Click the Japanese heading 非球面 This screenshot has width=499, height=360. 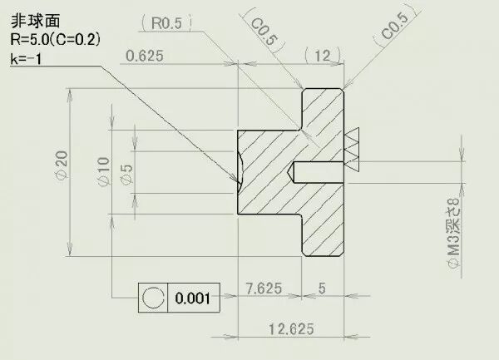(35, 22)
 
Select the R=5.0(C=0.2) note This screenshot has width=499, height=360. (56, 40)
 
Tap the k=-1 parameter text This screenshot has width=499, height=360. (26, 59)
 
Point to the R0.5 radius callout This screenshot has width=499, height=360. (166, 23)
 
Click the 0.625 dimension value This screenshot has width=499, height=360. (145, 56)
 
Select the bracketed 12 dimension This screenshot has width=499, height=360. (323, 56)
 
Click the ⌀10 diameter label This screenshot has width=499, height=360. (104, 171)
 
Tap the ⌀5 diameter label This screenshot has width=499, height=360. (126, 175)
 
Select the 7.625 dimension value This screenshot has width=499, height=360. (264, 288)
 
